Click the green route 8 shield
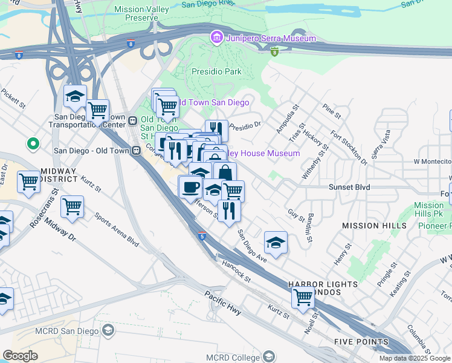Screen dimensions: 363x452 (x=275, y=52)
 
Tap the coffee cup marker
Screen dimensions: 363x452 (x=191, y=187)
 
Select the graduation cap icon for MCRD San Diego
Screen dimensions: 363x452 (x=108, y=330)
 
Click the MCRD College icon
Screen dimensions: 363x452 (x=268, y=356)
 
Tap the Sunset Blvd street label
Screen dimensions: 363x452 (x=349, y=188)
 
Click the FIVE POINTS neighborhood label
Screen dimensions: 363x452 (x=361, y=342)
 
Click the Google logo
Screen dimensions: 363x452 (x=21, y=355)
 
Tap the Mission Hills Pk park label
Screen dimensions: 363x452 (x=428, y=209)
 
